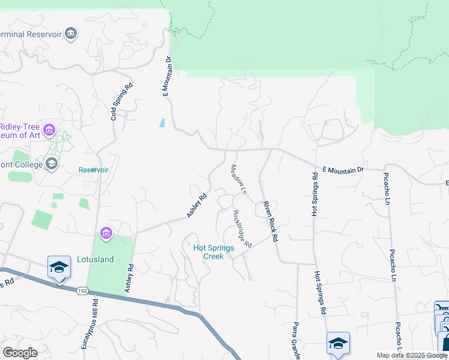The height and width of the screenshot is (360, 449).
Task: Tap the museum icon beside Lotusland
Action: pyautogui.click(x=106, y=233)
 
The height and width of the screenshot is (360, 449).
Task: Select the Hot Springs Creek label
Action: pyautogui.click(x=208, y=252)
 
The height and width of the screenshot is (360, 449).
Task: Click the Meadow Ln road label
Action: pyautogui.click(x=239, y=179)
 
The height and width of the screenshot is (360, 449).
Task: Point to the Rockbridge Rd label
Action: pyautogui.click(x=241, y=229)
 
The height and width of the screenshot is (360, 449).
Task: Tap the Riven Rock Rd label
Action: pyautogui.click(x=270, y=221)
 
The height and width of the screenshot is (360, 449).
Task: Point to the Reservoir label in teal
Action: pyautogui.click(x=94, y=170)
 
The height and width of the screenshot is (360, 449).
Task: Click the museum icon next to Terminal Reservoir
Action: pyautogui.click(x=71, y=34)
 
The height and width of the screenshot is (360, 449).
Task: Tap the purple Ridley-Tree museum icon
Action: pyautogui.click(x=49, y=130)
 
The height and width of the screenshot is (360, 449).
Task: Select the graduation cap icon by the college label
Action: pyautogui.click(x=52, y=163)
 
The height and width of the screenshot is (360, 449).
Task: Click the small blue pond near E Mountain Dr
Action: pyautogui.click(x=162, y=123)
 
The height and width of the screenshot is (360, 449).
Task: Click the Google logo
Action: pyautogui.click(x=19, y=353)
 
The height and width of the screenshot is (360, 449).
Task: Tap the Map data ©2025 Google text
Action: pyautogui.click(x=412, y=355)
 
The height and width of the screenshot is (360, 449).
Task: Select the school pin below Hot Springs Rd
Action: pyautogui.click(x=338, y=343)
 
